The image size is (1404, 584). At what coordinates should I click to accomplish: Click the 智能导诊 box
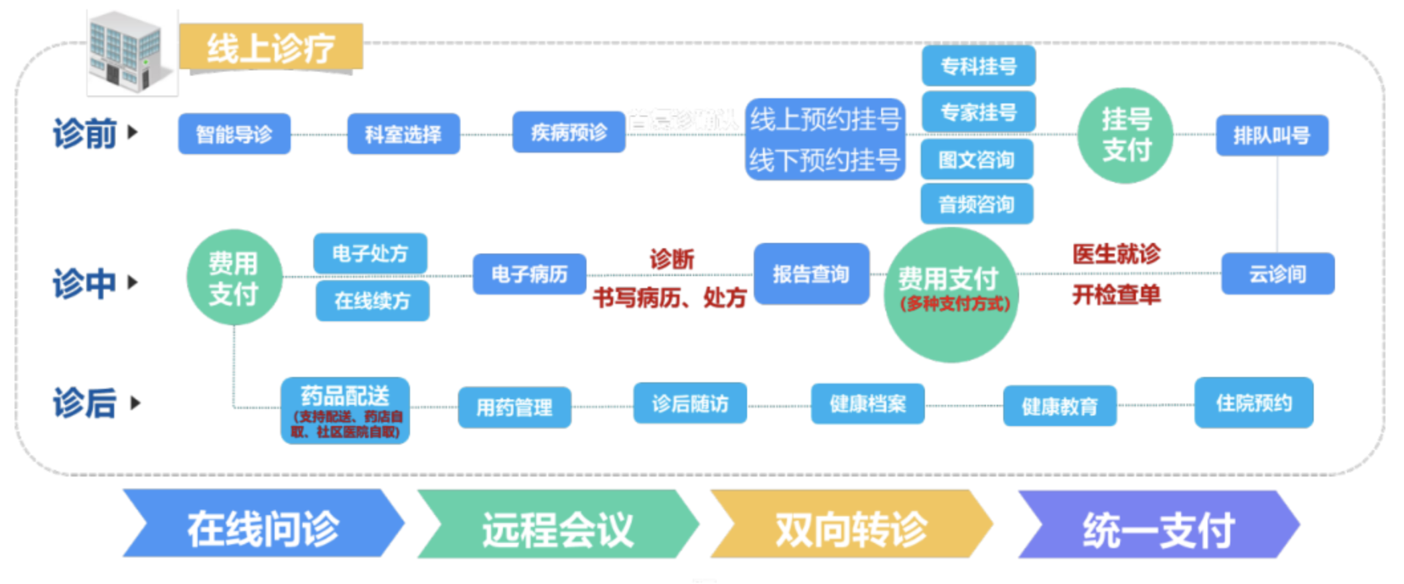point(234,134)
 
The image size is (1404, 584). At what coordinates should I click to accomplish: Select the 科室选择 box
point(403,134)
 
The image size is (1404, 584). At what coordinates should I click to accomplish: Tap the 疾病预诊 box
point(569,132)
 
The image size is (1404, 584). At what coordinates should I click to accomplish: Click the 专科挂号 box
point(979,66)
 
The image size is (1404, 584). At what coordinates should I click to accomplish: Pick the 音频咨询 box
point(977,204)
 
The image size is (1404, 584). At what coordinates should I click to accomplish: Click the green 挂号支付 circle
point(1125,135)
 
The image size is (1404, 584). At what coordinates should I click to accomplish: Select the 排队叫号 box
point(1271,135)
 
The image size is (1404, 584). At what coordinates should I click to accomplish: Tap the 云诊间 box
point(1277,273)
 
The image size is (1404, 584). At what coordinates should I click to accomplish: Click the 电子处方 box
point(370,253)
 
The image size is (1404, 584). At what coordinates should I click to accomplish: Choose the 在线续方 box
point(372,301)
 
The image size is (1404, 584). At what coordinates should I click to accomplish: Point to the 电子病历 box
point(529,273)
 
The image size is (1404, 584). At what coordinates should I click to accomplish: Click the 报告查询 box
point(811,273)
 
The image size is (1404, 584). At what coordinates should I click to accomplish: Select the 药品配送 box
point(345,410)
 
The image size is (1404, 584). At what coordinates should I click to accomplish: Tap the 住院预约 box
point(1253,403)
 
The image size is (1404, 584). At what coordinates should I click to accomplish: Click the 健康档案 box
point(867,403)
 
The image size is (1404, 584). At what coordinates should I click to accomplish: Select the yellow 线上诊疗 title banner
point(271,47)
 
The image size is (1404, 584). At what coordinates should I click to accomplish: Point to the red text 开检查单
point(1116,295)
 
